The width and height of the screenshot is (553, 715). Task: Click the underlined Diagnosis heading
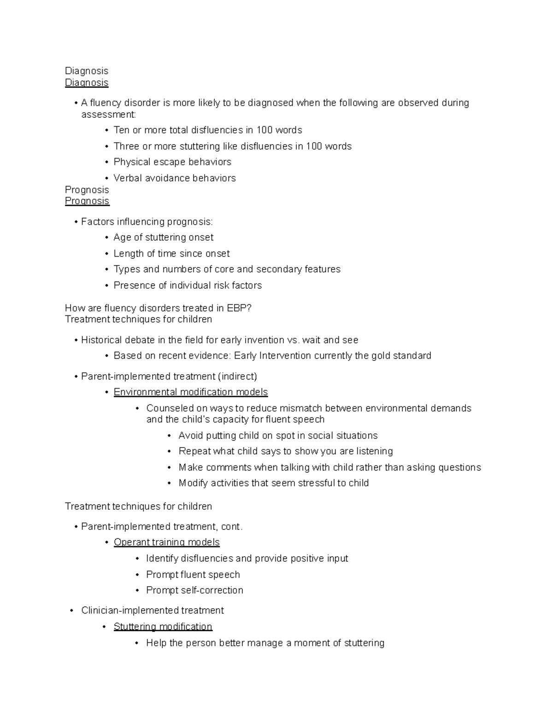tap(87, 83)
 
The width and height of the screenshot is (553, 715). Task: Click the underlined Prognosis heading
tap(87, 201)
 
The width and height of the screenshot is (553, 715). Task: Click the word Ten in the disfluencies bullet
tap(122, 130)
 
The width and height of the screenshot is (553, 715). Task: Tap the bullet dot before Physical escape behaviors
tap(106, 163)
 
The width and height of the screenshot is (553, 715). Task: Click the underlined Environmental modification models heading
tap(190, 392)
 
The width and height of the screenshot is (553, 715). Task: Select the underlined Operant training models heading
tap(166, 542)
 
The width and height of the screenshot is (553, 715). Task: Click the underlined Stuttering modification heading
tap(163, 627)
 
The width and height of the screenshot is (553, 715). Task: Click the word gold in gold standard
tap(380, 356)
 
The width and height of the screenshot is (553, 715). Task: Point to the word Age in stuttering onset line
tap(122, 238)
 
